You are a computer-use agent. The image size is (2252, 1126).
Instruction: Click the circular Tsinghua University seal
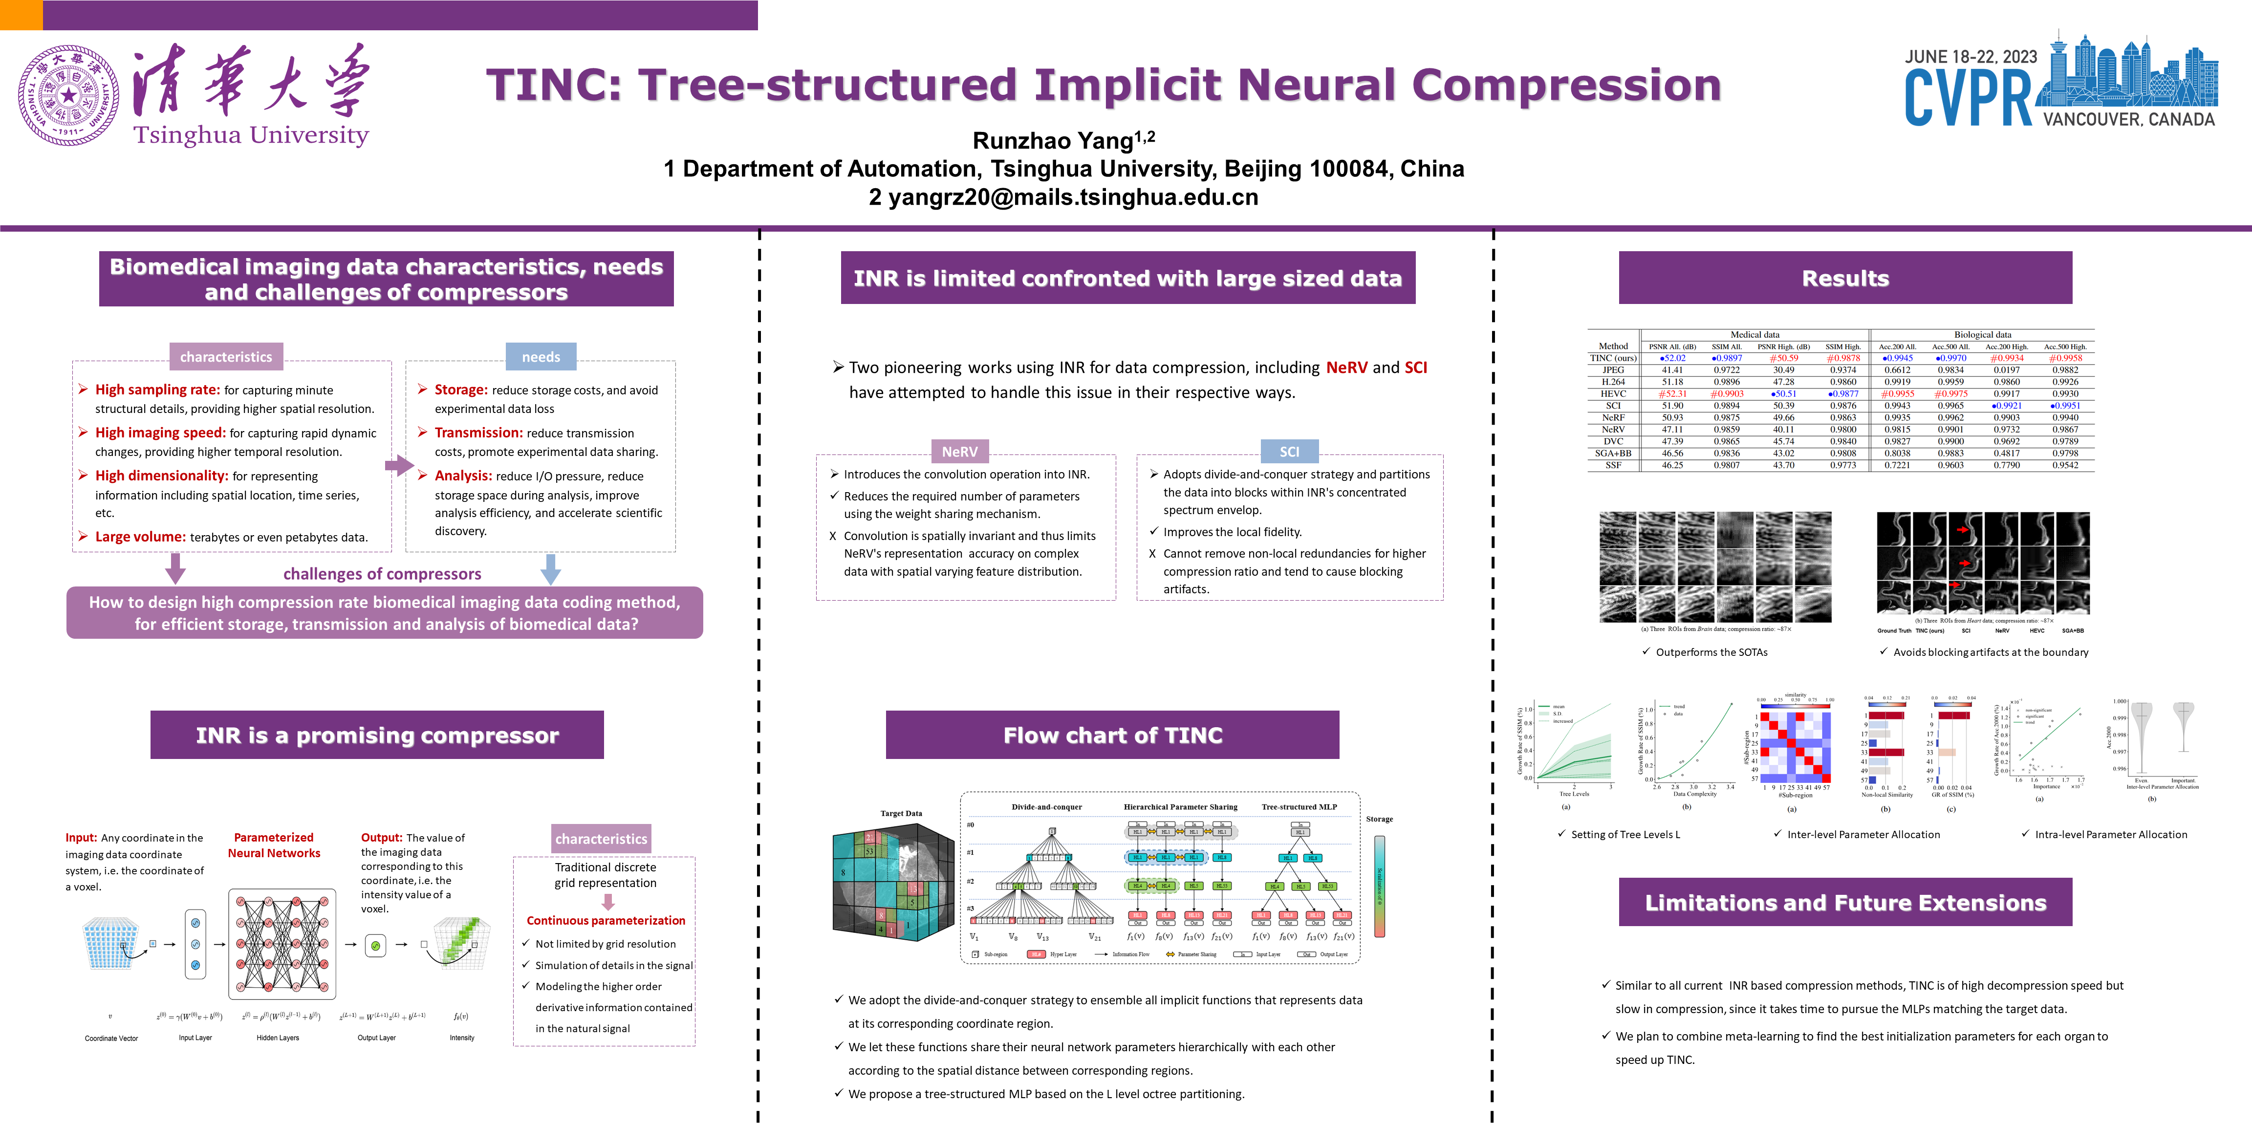point(68,95)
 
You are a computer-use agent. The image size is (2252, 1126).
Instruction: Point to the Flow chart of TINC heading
point(1112,735)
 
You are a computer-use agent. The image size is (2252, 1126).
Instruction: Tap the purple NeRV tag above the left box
point(959,451)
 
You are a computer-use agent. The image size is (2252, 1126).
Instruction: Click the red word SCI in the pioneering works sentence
point(1415,367)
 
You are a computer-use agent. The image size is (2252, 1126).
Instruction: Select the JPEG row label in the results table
point(1613,370)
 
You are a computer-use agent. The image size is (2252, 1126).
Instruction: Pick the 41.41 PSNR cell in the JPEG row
point(1671,370)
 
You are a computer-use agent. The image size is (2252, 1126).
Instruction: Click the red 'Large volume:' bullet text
point(140,537)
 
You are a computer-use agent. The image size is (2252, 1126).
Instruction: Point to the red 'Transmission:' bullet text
point(478,433)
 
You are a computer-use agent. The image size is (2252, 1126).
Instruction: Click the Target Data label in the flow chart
point(900,813)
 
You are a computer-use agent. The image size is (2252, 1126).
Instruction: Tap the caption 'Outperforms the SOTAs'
point(1711,652)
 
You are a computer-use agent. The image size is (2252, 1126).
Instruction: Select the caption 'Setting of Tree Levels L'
point(1625,834)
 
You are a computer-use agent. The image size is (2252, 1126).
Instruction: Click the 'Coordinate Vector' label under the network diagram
point(111,1039)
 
